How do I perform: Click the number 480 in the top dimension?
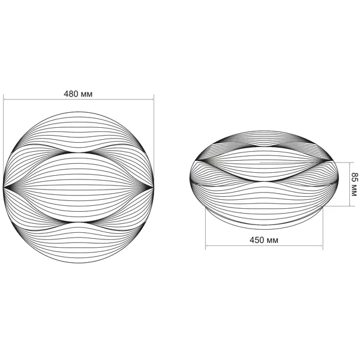(x=71, y=94)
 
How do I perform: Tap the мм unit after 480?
(x=86, y=95)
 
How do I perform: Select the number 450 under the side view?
(x=256, y=240)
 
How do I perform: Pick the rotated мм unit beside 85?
(x=354, y=190)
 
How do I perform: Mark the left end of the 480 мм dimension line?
(x=4, y=100)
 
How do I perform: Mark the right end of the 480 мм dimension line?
(x=154, y=100)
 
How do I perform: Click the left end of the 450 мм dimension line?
(x=206, y=245)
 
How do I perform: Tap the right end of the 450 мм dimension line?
(x=323, y=245)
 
